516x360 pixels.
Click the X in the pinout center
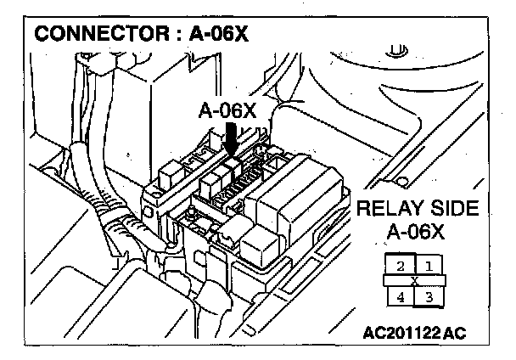tap(414, 281)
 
